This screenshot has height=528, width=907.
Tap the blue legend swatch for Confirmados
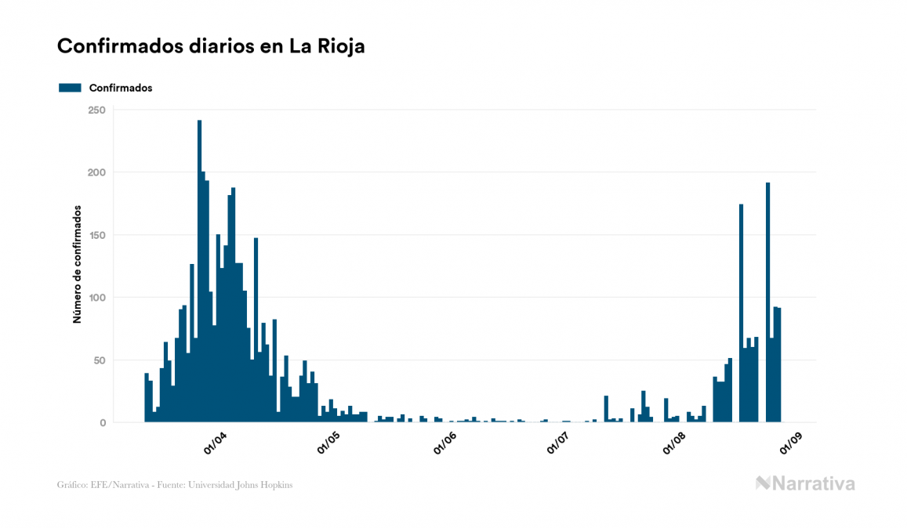70,88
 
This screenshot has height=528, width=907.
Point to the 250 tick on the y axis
96,110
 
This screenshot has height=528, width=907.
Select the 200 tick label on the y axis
96,172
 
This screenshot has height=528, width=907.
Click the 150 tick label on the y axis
96,235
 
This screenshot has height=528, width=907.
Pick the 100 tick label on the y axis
96,298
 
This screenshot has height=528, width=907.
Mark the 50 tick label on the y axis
100,360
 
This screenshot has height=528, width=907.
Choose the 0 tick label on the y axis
102,423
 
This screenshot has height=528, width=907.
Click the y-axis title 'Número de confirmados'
78,264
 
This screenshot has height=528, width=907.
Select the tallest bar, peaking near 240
199,274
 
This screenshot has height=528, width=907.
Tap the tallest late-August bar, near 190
768,306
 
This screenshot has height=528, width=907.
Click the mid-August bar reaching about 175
742,313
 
